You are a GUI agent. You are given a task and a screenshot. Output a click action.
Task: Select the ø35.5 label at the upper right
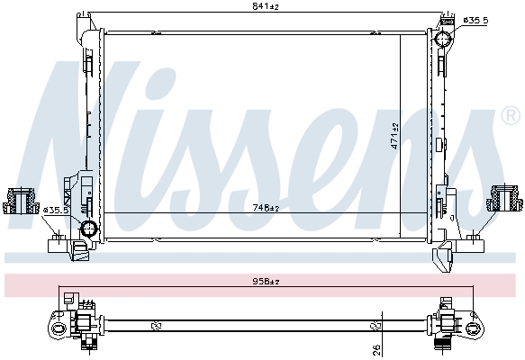coord(475,19)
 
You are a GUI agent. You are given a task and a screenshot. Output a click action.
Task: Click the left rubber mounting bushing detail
coord(20,199)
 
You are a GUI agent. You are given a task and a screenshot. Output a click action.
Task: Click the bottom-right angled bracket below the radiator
coord(444,258)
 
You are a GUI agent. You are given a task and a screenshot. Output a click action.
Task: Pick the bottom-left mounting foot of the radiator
coord(59,242)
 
